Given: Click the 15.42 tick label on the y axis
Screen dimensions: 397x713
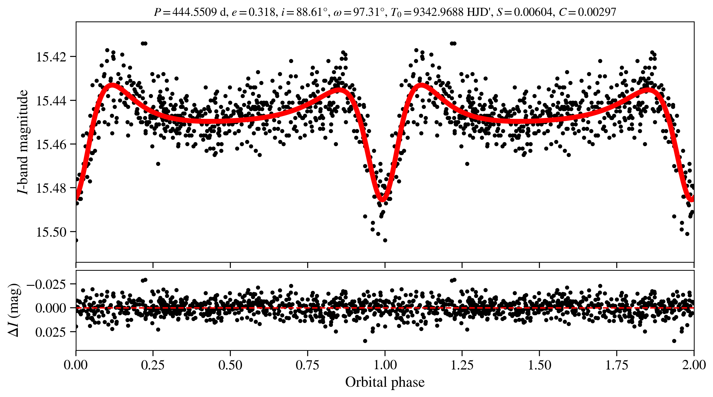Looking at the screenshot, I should pyautogui.click(x=51, y=57).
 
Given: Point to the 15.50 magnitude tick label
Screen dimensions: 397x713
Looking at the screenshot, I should pyautogui.click(x=51, y=232).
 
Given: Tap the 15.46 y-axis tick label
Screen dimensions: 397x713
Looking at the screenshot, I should pyautogui.click(x=51, y=145).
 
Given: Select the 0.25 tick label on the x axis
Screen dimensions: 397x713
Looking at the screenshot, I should pyautogui.click(x=153, y=365).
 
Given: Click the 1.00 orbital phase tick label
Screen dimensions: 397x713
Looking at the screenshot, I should pyautogui.click(x=385, y=365).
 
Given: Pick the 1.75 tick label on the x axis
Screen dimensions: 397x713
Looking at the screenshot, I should pyautogui.click(x=616, y=365).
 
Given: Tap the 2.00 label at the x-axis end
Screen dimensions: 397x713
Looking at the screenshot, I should pyautogui.click(x=694, y=365).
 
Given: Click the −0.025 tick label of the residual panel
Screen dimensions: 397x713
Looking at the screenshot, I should pyautogui.click(x=46, y=284).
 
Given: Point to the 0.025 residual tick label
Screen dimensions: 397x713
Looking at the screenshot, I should pyautogui.click(x=51, y=332).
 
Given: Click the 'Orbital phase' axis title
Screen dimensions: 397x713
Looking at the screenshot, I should pyautogui.click(x=385, y=382).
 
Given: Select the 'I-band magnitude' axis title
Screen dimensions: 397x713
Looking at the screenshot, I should pyautogui.click(x=23, y=142).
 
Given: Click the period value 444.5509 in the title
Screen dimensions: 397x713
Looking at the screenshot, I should pyautogui.click(x=194, y=12).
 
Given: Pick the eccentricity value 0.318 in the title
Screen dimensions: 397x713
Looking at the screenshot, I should pyautogui.click(x=261, y=12).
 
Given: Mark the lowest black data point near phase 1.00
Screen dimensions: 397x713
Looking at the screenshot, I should pyautogui.click(x=385, y=240).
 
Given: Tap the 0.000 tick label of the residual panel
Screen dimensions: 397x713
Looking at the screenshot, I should pyautogui.click(x=51, y=308).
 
